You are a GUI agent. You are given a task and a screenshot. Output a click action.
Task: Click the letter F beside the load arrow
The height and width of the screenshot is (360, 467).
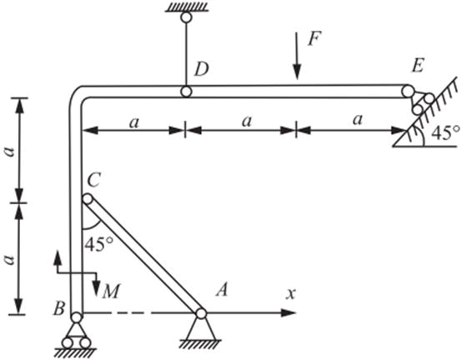314,38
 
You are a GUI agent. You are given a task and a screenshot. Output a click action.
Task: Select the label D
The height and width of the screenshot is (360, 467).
202,69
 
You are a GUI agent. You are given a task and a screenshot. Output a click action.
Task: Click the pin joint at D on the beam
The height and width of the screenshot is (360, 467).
186,92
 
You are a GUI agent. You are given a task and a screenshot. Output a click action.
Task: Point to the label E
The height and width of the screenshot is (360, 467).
418,66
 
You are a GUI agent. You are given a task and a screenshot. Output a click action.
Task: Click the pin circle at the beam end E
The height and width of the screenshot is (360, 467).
408,91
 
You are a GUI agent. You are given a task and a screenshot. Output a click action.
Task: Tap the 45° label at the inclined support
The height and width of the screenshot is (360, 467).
445,133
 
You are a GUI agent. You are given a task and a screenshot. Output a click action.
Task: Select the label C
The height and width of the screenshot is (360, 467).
93,180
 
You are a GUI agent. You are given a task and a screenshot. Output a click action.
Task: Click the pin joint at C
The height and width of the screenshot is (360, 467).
88,198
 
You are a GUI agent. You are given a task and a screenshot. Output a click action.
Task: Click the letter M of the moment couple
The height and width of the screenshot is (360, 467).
111,292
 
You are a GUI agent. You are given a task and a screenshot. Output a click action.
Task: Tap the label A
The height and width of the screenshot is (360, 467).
222,289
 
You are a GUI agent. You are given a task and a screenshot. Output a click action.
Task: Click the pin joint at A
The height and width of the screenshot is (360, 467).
201,313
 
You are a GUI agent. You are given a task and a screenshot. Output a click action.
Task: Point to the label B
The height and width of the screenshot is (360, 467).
59,308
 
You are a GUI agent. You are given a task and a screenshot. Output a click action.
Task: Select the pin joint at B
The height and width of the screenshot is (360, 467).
77,317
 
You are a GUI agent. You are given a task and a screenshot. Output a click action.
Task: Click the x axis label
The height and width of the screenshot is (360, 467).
291,294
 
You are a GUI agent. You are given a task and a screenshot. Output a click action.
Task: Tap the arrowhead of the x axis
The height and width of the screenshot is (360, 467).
289,312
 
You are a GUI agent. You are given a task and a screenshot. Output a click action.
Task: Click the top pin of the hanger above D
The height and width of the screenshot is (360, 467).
186,17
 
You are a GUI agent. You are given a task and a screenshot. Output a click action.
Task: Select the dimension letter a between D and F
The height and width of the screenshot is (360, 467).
247,121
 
